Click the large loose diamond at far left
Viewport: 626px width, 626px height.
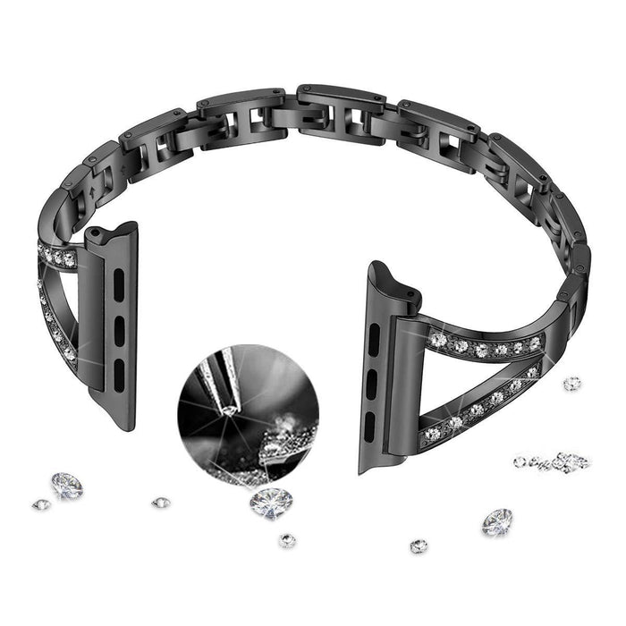66,485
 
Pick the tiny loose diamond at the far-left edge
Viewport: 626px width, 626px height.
40,504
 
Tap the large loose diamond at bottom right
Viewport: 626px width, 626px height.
497,521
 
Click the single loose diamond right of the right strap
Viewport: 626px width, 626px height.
571,383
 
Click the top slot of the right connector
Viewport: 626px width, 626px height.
374,338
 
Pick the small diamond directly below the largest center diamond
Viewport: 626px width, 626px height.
287,540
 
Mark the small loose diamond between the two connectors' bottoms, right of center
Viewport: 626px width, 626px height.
419,546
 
